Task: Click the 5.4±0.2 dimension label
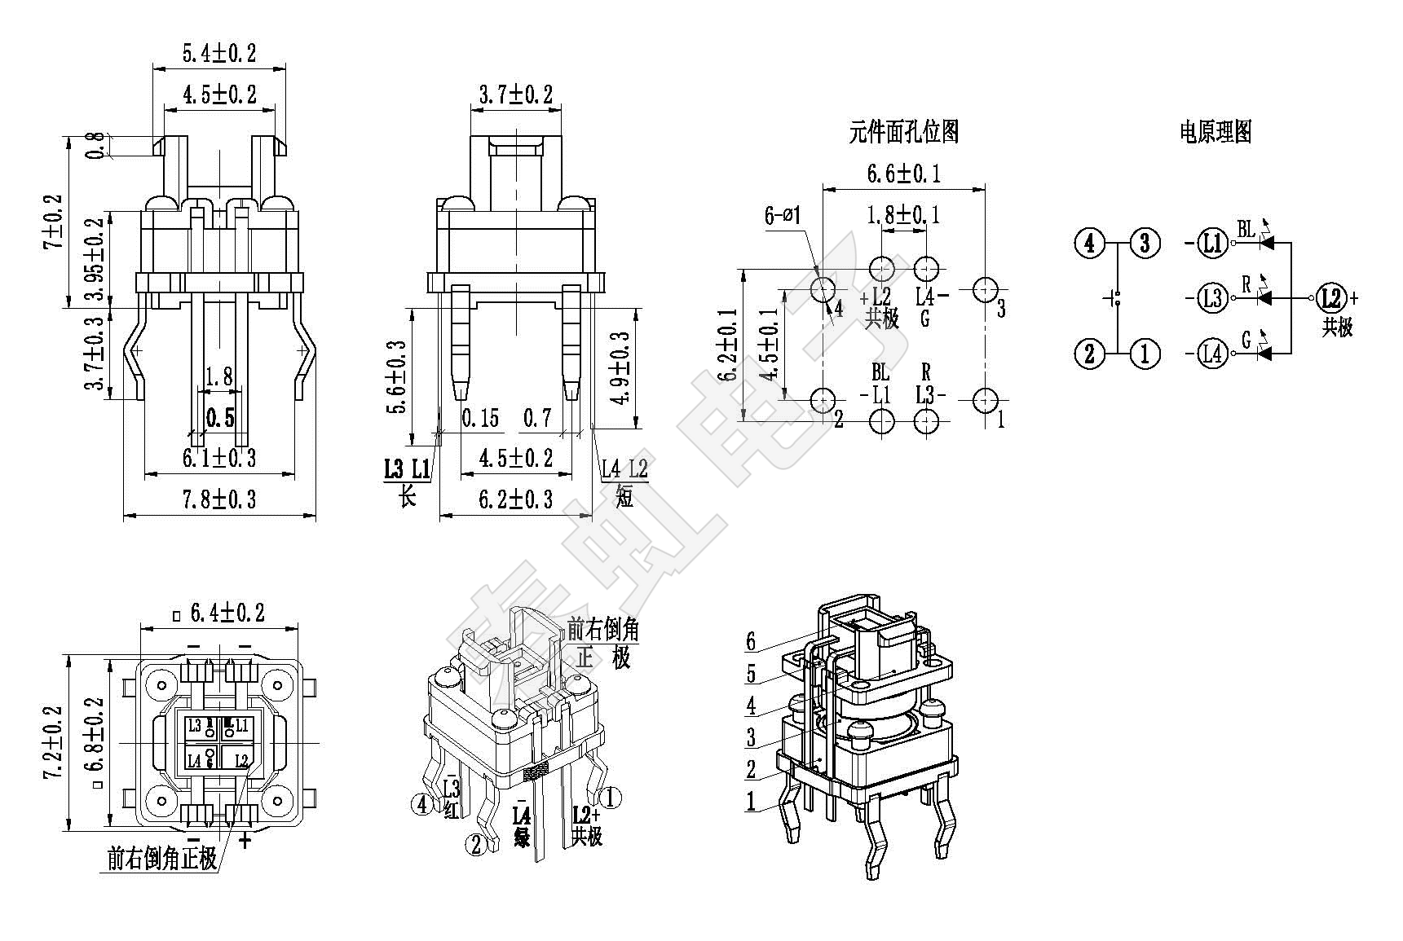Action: click(218, 54)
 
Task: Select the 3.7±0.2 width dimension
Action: click(515, 95)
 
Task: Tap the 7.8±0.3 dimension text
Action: click(218, 499)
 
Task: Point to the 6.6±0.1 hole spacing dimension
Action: click(902, 174)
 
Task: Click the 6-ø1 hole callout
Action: click(783, 216)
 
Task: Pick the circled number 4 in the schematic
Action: click(1090, 243)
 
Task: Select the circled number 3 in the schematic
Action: click(1145, 243)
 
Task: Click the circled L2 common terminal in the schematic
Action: click(1331, 298)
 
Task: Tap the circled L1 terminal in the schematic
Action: click(1213, 243)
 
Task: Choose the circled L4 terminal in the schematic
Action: click(1213, 354)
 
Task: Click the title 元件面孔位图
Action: click(903, 132)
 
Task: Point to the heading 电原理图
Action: click(1215, 132)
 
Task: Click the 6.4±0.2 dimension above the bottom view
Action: click(227, 613)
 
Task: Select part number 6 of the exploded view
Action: click(751, 642)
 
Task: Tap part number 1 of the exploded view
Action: click(751, 802)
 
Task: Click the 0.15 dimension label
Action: click(480, 419)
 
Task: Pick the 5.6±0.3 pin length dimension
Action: click(397, 376)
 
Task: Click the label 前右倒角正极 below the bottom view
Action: click(162, 859)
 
